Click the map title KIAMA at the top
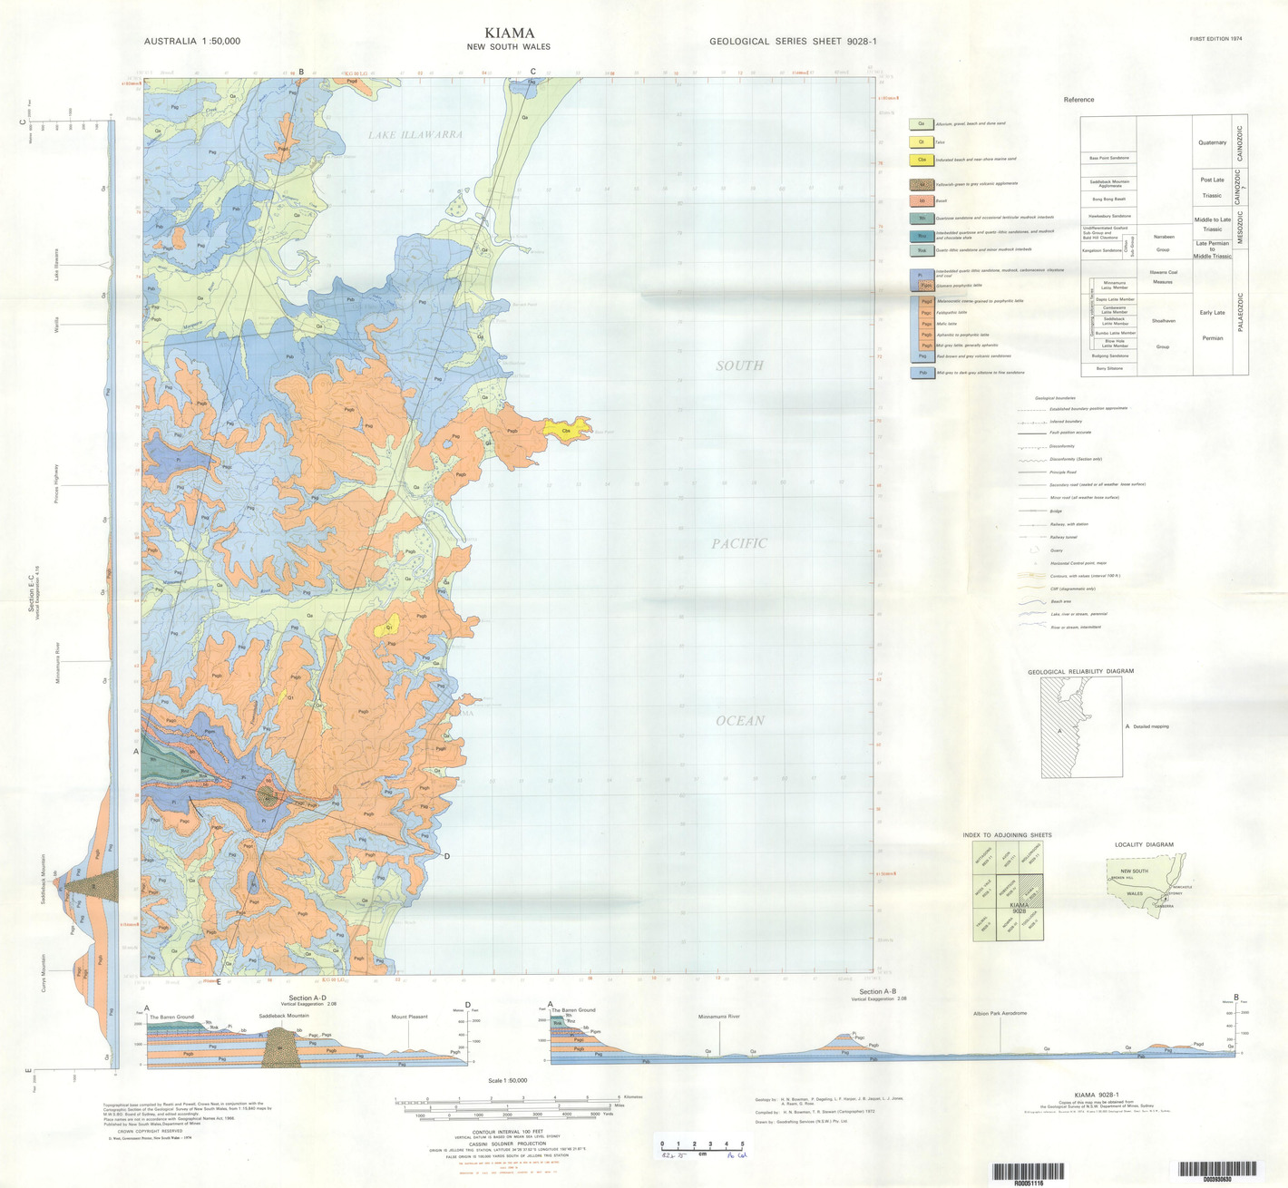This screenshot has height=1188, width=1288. coord(509,33)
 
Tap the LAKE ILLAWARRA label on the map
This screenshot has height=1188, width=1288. coord(415,135)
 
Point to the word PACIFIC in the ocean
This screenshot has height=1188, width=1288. coord(739,543)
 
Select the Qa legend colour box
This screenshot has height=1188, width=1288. coord(922,123)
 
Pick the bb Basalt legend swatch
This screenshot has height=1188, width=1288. coord(922,200)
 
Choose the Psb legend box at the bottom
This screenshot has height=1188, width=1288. coord(922,373)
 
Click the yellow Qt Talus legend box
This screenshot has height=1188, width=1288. coord(922,142)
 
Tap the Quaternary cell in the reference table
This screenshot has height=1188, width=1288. coord(1212,142)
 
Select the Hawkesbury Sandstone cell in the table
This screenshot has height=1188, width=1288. coord(1108,216)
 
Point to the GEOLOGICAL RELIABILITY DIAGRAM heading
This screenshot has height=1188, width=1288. coord(1080,672)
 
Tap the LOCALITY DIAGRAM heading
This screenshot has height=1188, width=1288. coord(1144,844)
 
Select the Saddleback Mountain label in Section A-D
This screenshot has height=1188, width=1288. coord(284,1016)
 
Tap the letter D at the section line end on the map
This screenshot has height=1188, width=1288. coord(446,856)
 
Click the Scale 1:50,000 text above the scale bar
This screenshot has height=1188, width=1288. coord(507,1080)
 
